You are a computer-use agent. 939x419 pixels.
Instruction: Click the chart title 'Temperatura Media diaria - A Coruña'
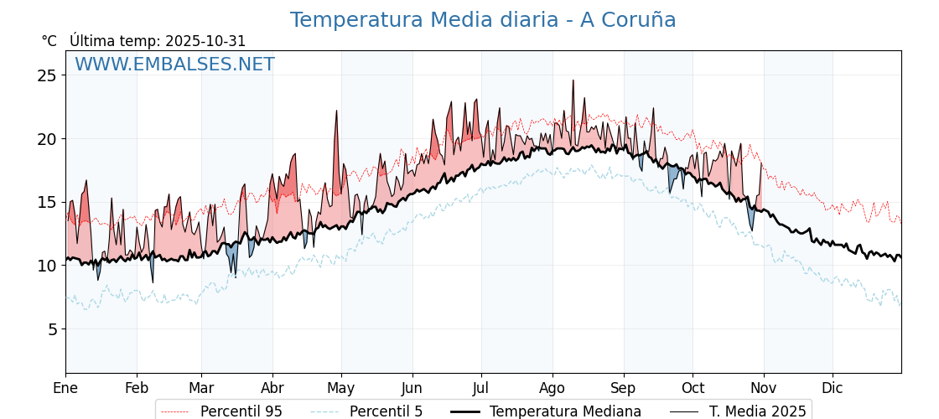[483, 20]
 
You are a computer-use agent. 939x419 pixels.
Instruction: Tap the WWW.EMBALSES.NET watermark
[174, 65]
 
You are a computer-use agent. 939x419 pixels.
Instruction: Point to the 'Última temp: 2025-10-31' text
[158, 41]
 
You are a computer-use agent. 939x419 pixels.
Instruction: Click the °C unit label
[49, 41]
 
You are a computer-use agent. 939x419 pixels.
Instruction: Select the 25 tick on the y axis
[47, 75]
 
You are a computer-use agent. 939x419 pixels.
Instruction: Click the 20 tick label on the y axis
[47, 139]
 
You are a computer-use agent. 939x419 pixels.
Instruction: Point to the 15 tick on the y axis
[47, 202]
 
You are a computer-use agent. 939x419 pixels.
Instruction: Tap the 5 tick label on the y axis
[51, 329]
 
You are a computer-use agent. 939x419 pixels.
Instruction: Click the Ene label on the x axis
[65, 388]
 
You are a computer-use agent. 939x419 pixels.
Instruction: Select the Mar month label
[201, 388]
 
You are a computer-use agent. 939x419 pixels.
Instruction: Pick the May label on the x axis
[341, 388]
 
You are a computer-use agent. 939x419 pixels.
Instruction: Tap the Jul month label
[481, 388]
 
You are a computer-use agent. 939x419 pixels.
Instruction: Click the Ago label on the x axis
[553, 388]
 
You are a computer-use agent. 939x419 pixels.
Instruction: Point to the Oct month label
[693, 388]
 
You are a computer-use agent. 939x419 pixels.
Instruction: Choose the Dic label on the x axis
[833, 388]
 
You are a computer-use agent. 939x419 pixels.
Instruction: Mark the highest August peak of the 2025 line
[573, 80]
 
